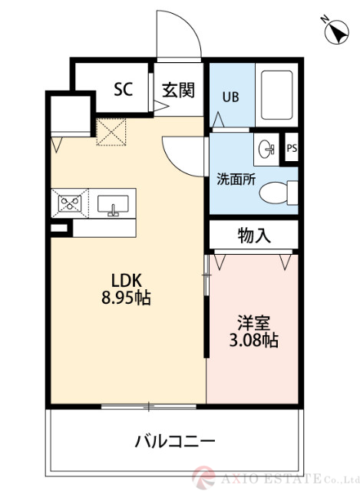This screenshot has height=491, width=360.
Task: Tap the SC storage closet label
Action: tap(124, 89)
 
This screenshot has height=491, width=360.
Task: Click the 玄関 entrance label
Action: tap(177, 89)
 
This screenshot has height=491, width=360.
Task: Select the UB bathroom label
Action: tap(230, 97)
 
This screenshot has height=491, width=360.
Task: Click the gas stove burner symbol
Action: tap(71, 204)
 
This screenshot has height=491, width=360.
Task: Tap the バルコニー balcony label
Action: tap(174, 441)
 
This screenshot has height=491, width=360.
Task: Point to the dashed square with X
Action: tap(111, 131)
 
